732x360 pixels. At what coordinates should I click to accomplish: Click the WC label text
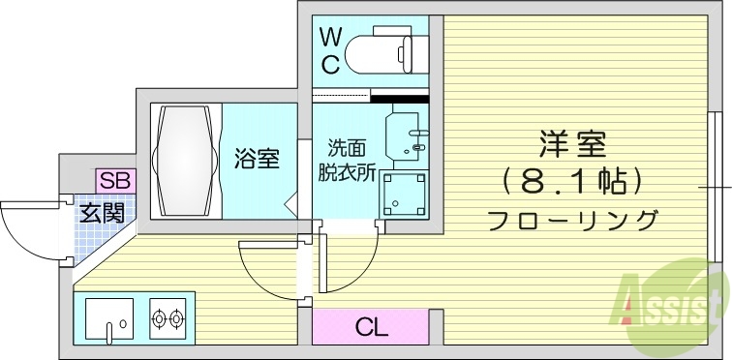coord(331,52)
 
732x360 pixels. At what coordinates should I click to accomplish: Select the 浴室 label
coord(257,158)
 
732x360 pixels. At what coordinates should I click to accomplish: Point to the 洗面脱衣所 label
coord(347,161)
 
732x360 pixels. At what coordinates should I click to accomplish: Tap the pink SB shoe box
coord(115,180)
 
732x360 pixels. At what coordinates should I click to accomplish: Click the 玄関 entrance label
coord(101,213)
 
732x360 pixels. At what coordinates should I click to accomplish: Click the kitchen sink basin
coord(108,317)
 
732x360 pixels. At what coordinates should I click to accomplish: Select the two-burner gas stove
coord(168,316)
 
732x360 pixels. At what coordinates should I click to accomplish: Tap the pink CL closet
coord(370,326)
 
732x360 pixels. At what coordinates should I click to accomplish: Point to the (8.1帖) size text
coord(572,180)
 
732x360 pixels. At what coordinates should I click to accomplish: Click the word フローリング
coord(573,219)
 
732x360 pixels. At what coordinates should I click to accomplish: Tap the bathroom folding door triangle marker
coord(290,203)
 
